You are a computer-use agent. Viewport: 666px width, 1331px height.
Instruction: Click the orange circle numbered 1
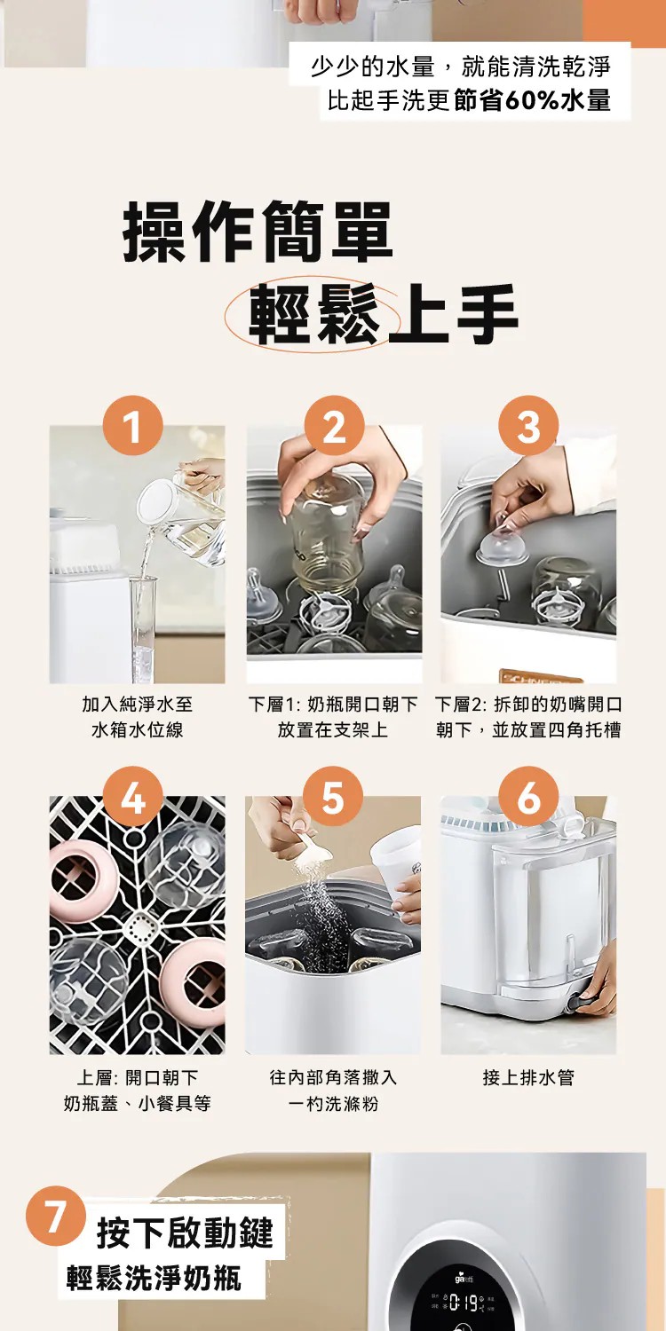(132, 425)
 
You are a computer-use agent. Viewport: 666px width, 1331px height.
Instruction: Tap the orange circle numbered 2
(334, 425)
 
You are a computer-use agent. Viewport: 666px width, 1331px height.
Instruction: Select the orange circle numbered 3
(528, 425)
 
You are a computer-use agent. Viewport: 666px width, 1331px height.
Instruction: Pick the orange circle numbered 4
(132, 796)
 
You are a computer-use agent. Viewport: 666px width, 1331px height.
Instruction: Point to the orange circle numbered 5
(333, 796)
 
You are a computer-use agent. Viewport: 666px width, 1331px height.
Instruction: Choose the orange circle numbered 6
(528, 796)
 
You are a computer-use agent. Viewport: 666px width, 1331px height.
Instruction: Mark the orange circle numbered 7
(55, 1216)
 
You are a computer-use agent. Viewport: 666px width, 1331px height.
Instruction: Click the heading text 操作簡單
(257, 232)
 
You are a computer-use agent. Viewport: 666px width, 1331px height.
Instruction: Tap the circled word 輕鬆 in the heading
(313, 314)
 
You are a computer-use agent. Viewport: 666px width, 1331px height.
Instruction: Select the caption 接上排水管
(528, 1077)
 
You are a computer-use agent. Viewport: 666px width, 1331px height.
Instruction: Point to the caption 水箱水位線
(138, 729)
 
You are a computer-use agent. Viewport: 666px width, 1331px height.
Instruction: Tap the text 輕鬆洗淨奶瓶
(154, 1278)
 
